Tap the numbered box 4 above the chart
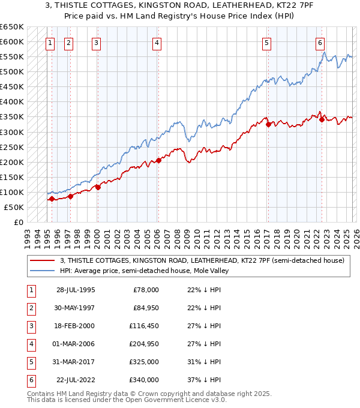click(156, 43)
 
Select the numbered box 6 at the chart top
click(320, 43)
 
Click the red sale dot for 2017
click(268, 124)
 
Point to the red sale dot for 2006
click(159, 160)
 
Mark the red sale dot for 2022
click(322, 119)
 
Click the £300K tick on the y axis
click(12, 132)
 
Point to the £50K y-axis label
click(14, 207)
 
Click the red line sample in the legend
click(42, 260)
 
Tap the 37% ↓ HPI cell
click(203, 380)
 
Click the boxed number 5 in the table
click(30, 362)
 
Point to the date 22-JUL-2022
click(76, 380)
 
